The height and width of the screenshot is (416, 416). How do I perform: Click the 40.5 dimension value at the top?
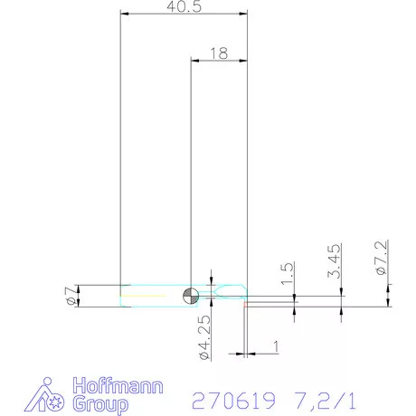click(184, 6)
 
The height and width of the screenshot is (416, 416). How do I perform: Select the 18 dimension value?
click(218, 52)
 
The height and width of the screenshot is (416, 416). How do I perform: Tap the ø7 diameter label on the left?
click(70, 295)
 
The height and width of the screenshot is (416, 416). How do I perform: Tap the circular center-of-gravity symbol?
click(190, 295)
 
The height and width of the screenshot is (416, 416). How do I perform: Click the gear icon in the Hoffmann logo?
click(53, 401)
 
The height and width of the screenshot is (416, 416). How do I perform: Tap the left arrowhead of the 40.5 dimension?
click(125, 14)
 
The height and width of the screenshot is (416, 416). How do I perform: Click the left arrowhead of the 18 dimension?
click(194, 61)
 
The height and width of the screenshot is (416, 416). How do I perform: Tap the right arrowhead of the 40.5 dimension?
click(242, 14)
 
